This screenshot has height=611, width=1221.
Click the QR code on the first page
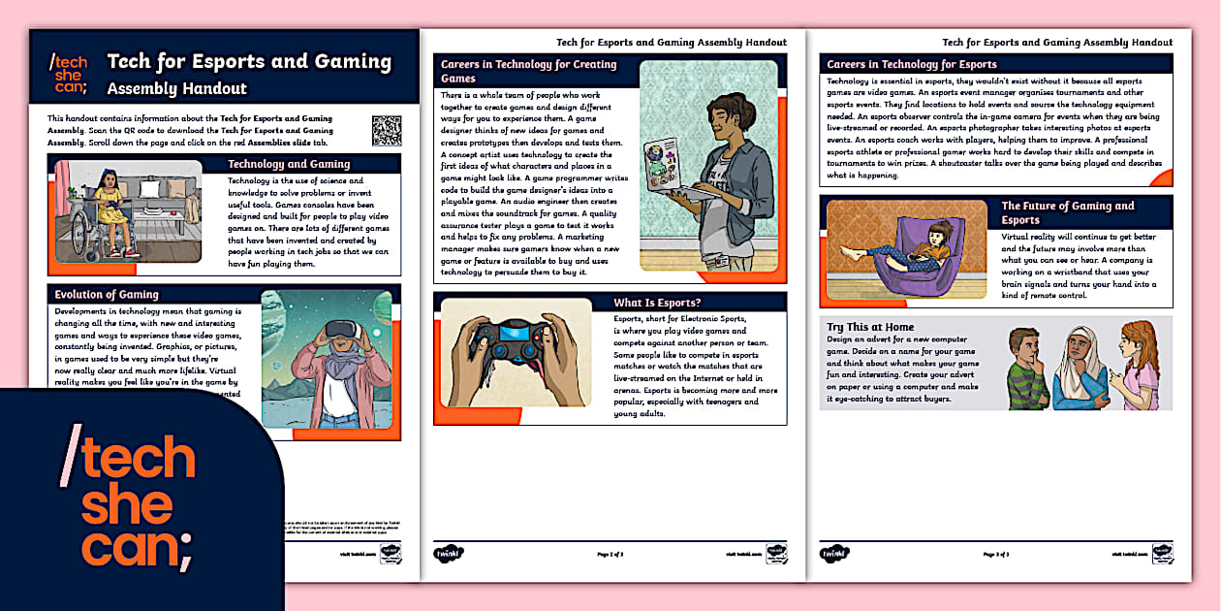[386, 130]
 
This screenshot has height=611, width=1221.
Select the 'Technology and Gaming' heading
[289, 164]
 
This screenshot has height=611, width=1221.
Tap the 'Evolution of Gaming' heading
[107, 294]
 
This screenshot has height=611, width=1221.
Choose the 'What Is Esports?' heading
[657, 303]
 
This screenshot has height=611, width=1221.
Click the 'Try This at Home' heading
[869, 327]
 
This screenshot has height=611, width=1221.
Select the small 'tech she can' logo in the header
[68, 74]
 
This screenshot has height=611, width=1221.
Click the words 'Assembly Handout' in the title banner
[176, 88]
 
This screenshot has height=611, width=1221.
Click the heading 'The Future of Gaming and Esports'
[1067, 212]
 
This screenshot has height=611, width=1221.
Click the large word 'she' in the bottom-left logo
[126, 505]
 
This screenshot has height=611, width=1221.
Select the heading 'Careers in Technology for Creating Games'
[528, 71]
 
